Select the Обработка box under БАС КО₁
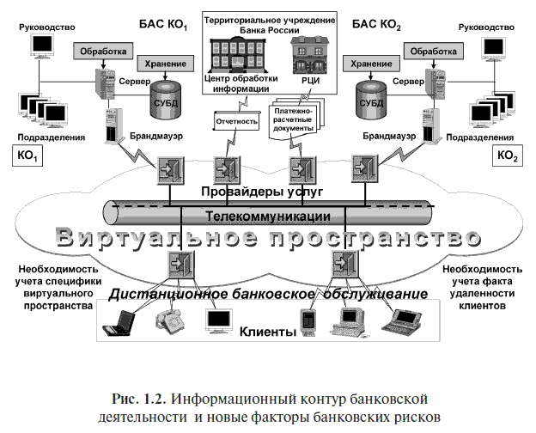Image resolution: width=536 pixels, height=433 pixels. click(x=103, y=52)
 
